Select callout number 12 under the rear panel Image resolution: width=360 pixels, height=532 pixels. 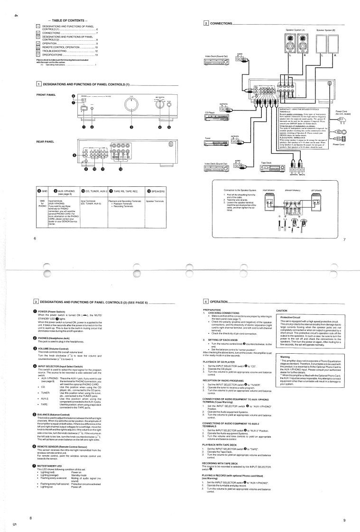coord(120,169)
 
